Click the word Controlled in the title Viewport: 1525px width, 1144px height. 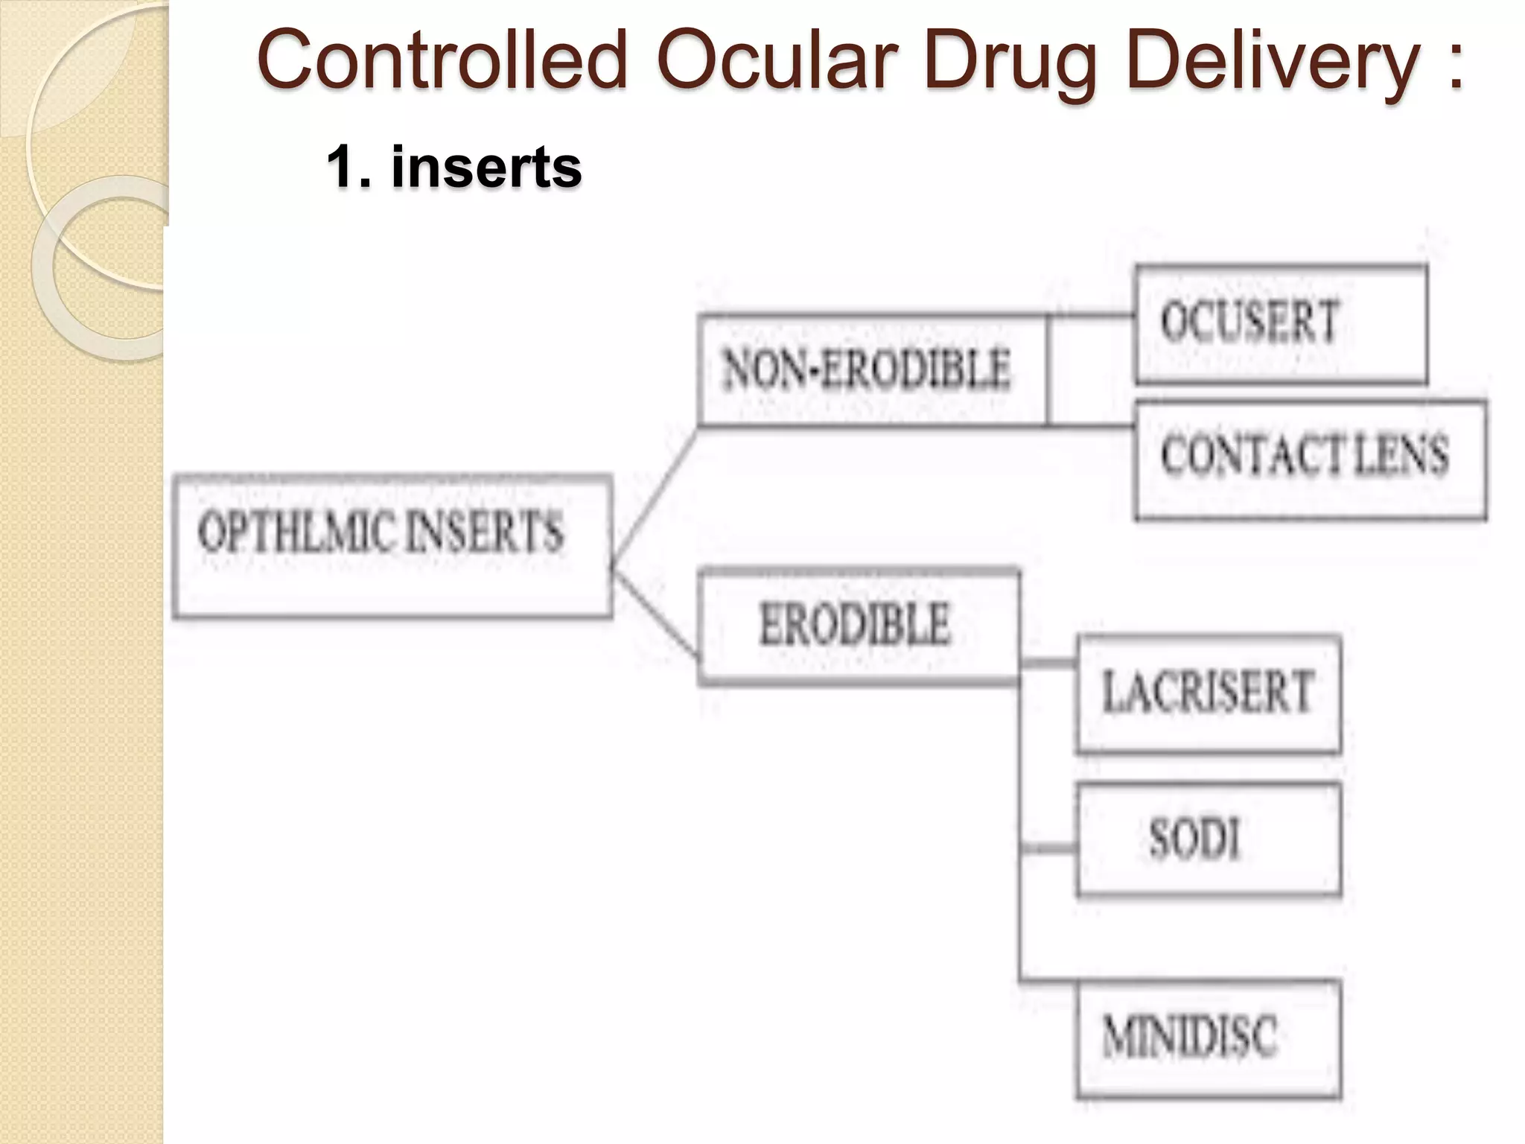click(442, 61)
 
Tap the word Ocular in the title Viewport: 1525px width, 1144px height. click(774, 61)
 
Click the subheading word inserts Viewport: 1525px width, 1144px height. click(486, 167)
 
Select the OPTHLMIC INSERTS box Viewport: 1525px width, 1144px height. click(392, 546)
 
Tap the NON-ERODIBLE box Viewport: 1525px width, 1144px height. click(872, 370)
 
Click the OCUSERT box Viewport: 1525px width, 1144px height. click(1281, 325)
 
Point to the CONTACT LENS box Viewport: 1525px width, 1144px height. click(1310, 460)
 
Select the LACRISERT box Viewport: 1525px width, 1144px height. click(1208, 693)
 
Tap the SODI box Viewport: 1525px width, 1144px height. click(1208, 839)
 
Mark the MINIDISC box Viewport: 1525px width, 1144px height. click(1208, 1038)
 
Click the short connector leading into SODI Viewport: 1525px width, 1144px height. click(1048, 848)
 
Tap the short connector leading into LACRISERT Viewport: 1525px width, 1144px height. click(1048, 663)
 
